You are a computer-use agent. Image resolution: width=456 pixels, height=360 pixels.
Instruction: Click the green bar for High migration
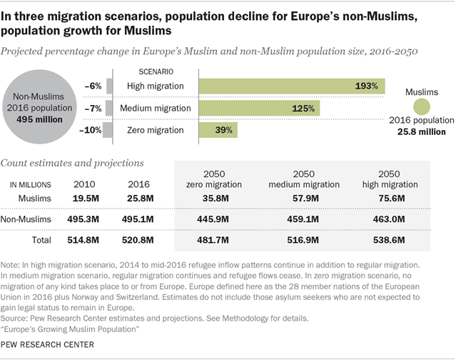click(x=291, y=86)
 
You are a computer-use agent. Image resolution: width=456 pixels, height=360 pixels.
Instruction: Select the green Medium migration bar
click(x=259, y=109)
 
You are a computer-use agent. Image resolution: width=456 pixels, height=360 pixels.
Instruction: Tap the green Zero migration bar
click(x=218, y=130)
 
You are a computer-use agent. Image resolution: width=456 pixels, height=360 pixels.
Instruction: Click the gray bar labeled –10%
click(x=107, y=130)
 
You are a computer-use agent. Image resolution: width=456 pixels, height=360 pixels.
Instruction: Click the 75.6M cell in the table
click(x=389, y=196)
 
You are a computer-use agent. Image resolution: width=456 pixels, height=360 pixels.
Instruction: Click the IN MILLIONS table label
click(x=34, y=184)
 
